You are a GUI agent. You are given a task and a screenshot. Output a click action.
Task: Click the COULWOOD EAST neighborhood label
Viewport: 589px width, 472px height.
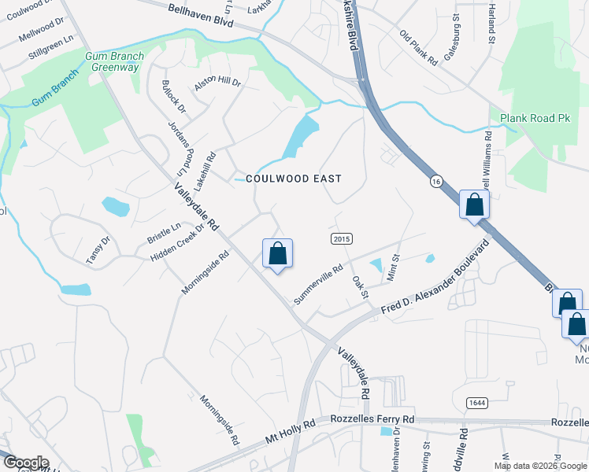(x=294, y=179)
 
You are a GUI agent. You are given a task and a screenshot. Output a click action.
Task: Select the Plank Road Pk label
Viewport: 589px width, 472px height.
(x=535, y=118)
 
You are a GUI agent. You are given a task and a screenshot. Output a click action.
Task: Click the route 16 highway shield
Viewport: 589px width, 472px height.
(x=435, y=182)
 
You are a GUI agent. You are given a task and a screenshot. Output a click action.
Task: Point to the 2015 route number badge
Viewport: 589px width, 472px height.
(x=340, y=238)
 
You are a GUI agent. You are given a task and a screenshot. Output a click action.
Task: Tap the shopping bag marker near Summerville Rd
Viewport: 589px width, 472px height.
(x=277, y=255)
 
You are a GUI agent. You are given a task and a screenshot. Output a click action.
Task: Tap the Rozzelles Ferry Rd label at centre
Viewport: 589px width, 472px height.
(x=372, y=420)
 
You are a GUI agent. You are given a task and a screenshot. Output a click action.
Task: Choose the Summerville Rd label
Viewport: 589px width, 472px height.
(x=318, y=285)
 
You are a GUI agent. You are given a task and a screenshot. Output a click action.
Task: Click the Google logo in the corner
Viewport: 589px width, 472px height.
(x=25, y=463)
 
